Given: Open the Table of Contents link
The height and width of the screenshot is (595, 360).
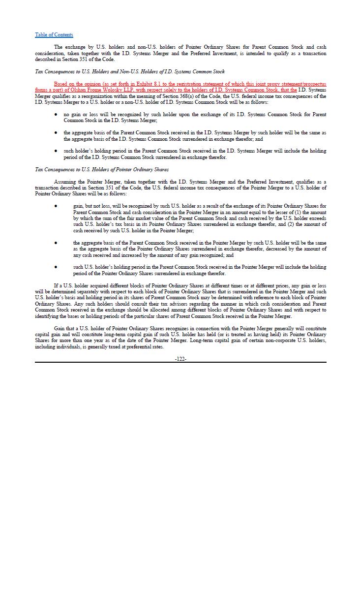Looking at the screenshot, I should [54, 34].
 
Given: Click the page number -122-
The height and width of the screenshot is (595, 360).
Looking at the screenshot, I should [180, 359].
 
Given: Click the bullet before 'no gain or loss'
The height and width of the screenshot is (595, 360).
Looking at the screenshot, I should [56, 115].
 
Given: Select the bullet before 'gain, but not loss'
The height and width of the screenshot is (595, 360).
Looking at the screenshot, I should [56, 206].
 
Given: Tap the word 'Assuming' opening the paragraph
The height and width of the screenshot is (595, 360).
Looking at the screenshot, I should [64, 182].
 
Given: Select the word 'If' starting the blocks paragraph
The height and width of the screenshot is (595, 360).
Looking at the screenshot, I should [56, 285].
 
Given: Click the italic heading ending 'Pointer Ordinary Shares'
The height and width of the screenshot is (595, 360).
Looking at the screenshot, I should [101, 169].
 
